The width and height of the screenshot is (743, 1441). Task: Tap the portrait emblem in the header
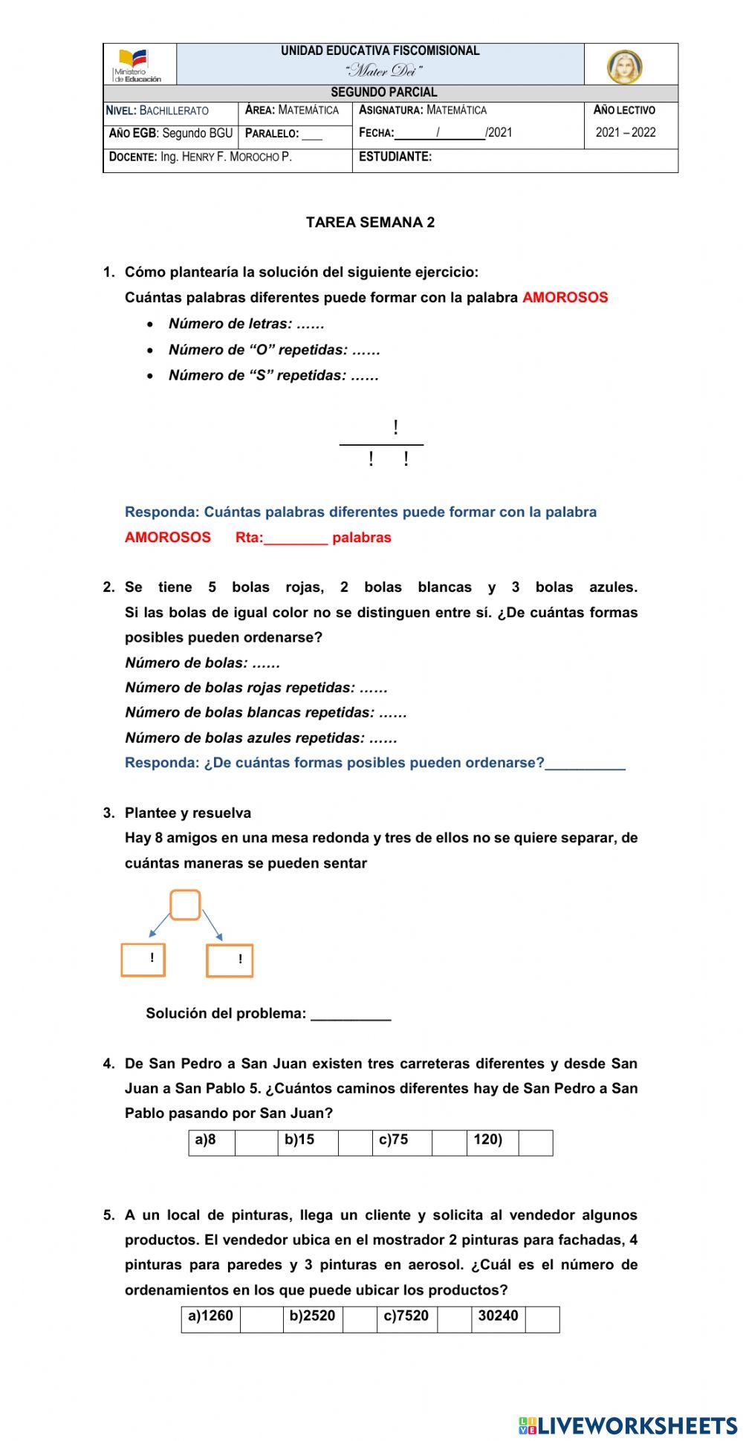coord(625,67)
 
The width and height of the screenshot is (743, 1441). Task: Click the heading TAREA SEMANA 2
coord(370,222)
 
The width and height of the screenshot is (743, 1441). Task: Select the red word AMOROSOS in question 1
coord(565,298)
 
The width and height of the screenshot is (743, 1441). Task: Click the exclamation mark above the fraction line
coord(395,428)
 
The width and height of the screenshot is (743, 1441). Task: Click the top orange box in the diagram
coord(185,905)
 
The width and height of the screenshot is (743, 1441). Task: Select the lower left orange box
coord(143,959)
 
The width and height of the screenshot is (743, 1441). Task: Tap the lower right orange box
coord(229,960)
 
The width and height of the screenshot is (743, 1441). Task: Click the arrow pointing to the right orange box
coord(213,926)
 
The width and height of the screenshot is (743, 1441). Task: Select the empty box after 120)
coord(535,1142)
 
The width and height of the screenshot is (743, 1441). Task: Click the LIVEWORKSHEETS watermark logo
coord(628,1425)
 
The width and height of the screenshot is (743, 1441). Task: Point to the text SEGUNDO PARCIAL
coord(383,93)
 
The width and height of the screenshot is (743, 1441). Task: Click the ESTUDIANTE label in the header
coord(395,157)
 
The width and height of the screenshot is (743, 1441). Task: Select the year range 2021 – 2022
coord(626,133)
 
